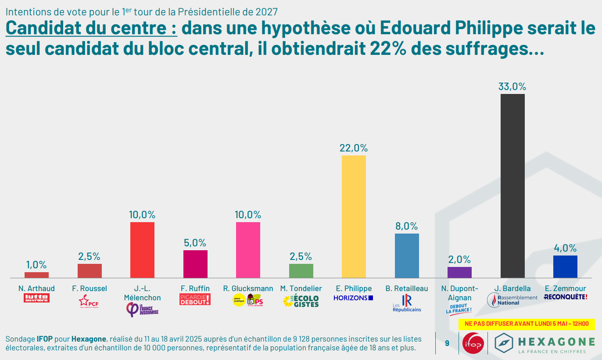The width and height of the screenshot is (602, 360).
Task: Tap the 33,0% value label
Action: pos(512,86)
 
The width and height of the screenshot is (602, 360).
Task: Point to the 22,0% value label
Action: pos(354,148)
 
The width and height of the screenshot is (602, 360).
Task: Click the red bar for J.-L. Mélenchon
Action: pos(142,250)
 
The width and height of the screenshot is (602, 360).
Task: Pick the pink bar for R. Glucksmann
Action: pos(248,250)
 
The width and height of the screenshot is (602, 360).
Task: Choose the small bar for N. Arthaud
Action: pos(36,275)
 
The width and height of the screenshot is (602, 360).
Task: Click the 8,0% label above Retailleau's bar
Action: pos(406,226)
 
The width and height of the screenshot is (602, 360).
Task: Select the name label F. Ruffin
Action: pos(195,288)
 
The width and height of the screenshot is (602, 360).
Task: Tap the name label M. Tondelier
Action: pos(301,288)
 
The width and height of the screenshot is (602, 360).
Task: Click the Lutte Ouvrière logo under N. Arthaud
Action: pos(36,299)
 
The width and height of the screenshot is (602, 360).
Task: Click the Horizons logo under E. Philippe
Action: pos(353,298)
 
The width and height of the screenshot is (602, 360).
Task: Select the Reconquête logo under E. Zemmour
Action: pos(565,297)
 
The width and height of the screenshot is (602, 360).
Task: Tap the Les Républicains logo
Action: pos(407,303)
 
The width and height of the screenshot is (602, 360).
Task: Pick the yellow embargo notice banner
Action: pos(527,324)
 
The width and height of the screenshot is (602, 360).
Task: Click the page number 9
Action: pos(447,343)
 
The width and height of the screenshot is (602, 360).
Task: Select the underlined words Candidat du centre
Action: pos(92,29)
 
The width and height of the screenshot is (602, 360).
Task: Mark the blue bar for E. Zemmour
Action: pos(565,266)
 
